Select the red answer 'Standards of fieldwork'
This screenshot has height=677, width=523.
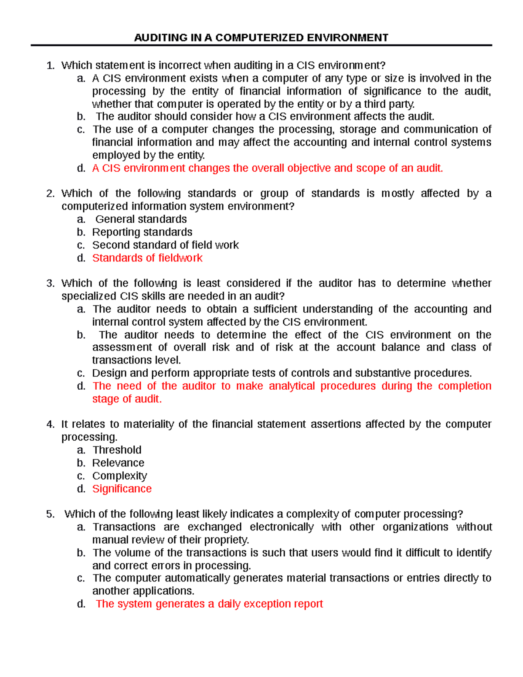coord(147,258)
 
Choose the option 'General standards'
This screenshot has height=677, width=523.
coord(141,219)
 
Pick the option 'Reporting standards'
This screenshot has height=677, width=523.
coord(142,232)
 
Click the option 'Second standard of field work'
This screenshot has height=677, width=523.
coord(165,245)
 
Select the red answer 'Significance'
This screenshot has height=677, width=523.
coord(122,489)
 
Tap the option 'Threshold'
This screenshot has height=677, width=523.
coord(117,450)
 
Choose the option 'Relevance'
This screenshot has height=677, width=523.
coord(118,463)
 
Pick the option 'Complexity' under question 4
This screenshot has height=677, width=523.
coord(119,476)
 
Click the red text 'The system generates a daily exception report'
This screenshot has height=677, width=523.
coord(209,604)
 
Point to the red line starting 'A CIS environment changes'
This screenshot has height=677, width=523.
coord(267,168)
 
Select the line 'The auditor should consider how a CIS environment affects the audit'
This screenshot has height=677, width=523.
coord(265,116)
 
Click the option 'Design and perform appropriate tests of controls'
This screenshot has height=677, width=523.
coord(282,373)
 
